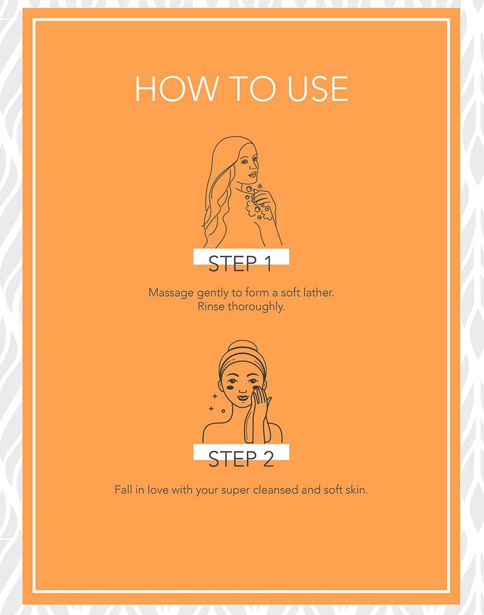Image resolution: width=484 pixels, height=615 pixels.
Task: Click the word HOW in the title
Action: pos(175,89)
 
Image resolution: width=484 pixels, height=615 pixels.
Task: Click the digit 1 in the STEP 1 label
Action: pos(268,263)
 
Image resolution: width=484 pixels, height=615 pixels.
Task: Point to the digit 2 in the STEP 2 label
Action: pos(268,459)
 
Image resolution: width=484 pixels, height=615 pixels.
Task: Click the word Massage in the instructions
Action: pos(171,293)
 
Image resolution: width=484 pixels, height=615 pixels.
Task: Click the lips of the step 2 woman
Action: pos(242,397)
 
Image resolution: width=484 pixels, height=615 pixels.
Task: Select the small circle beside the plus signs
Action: pos(223,411)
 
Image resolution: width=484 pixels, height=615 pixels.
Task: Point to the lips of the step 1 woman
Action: pos(252,174)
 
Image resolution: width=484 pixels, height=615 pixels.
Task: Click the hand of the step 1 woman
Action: pos(263,198)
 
